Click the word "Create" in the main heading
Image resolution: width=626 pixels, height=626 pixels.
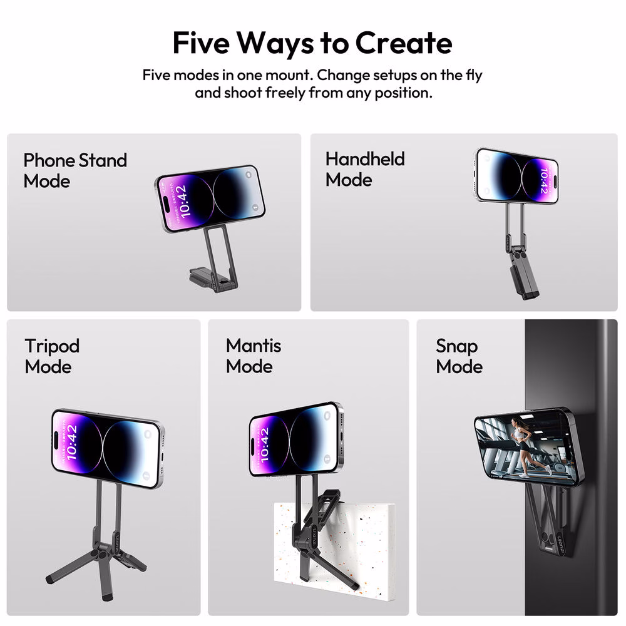403,43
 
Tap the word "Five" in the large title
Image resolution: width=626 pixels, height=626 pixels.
201,43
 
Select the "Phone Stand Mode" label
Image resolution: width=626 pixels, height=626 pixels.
75,170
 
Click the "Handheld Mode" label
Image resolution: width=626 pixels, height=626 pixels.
365,169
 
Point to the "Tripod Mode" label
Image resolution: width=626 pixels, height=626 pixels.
52,356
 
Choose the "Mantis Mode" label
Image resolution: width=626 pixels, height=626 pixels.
253,356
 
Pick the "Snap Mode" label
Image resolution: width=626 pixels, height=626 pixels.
459,356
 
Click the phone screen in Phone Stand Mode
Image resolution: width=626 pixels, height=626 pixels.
210,198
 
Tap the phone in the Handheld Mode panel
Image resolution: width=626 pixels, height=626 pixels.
516,176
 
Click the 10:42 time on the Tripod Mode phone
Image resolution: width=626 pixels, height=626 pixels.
72,441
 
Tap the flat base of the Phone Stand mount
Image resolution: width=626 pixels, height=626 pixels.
208,277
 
